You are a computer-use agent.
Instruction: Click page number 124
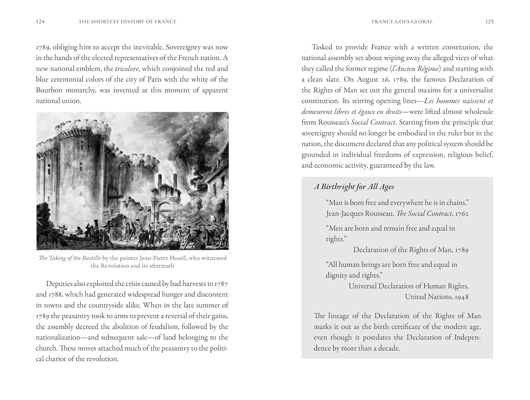(x=40, y=22)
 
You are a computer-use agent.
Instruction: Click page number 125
(x=489, y=22)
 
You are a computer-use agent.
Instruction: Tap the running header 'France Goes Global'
(x=402, y=22)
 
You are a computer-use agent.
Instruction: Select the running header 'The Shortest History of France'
(x=127, y=22)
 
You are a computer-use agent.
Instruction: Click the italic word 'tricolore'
(x=126, y=69)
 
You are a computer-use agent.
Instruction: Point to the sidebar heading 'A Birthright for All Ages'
(x=354, y=187)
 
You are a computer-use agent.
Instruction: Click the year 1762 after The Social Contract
(x=462, y=214)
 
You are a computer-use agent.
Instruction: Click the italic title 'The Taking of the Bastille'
(x=70, y=258)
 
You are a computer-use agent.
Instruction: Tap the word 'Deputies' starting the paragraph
(x=59, y=284)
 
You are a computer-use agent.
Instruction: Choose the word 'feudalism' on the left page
(x=170, y=327)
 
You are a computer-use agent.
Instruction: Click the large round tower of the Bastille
(x=77, y=169)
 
